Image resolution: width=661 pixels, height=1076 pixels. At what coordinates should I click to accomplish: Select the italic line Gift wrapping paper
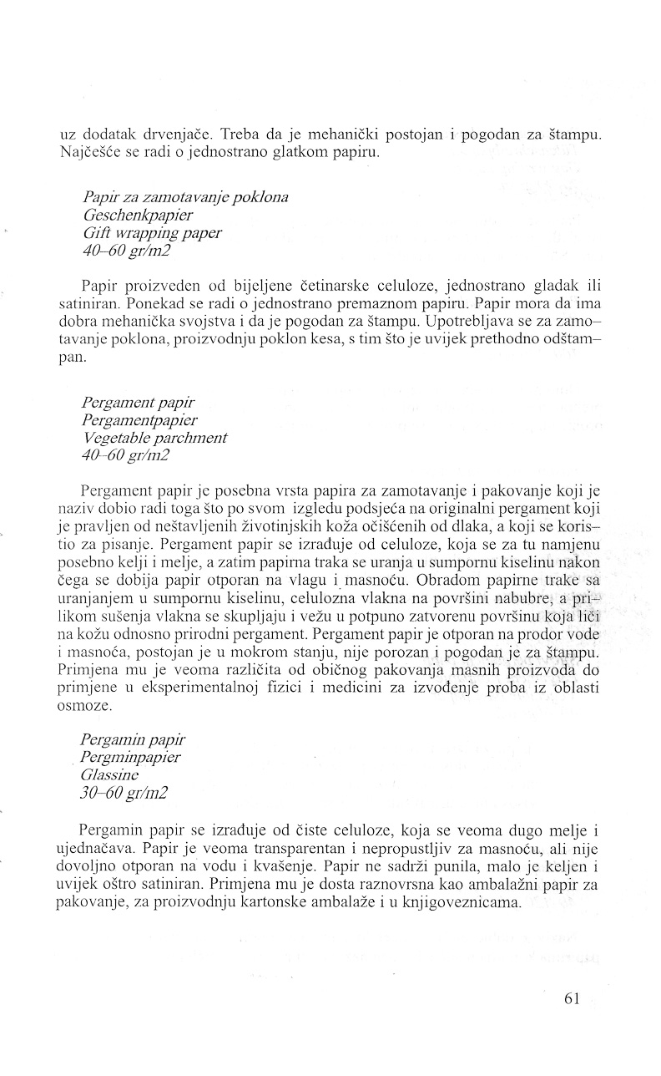(152, 233)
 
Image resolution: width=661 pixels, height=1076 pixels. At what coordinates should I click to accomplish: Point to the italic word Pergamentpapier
(140, 419)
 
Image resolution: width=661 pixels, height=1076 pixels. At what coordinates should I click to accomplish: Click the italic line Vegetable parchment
(154, 437)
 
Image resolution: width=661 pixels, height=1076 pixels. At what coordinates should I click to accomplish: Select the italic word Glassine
(109, 775)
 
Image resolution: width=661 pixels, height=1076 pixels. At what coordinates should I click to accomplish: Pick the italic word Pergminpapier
(131, 757)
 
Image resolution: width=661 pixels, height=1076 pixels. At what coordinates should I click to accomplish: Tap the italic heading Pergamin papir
(134, 739)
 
